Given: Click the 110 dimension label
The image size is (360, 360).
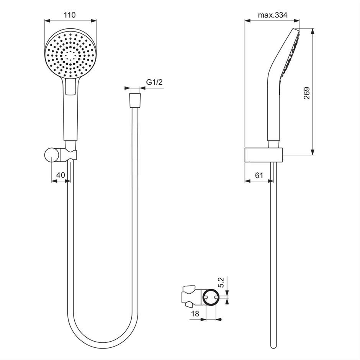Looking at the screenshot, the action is pos(70,15).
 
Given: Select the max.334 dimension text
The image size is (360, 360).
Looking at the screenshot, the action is pos(273,15).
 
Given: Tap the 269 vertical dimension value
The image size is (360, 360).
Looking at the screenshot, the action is pos(307,93).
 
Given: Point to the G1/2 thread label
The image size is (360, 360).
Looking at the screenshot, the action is pos(154,82).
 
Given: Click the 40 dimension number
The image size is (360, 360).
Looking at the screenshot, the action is pos(61,175).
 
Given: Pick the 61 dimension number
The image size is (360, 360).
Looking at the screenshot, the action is pos(259,175).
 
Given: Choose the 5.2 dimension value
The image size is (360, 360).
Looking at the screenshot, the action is pos(221,282).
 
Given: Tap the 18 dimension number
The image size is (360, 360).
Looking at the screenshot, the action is pos(195,314).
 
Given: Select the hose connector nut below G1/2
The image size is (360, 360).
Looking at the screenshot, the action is pos(135,100).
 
